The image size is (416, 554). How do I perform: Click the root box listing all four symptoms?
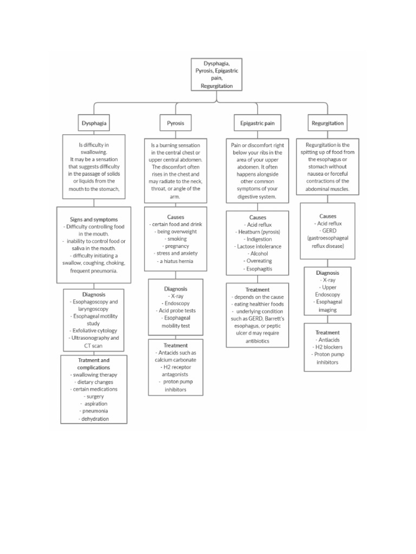point(217,74)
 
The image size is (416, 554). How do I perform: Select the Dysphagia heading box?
point(94,123)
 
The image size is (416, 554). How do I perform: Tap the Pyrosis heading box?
point(175,123)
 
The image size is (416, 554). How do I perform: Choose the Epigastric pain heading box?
point(257,123)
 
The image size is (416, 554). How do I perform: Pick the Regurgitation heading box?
point(327,123)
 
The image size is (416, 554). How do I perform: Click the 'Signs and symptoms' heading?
point(94,220)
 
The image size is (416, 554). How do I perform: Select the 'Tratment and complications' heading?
point(94,364)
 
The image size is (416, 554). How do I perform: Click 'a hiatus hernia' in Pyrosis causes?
point(175,261)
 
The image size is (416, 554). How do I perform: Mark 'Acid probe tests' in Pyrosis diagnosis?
point(175,311)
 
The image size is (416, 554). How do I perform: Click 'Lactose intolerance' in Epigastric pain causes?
point(258,246)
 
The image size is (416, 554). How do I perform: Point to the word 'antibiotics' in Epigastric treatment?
point(257,341)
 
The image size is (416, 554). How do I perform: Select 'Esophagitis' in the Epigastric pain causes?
point(258,268)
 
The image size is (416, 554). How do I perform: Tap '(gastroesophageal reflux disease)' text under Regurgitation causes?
point(328,241)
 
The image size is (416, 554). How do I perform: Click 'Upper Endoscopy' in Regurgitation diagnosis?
point(328,291)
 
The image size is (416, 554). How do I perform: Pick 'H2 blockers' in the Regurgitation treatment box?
point(327,347)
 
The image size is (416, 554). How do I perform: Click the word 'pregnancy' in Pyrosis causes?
point(175,246)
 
